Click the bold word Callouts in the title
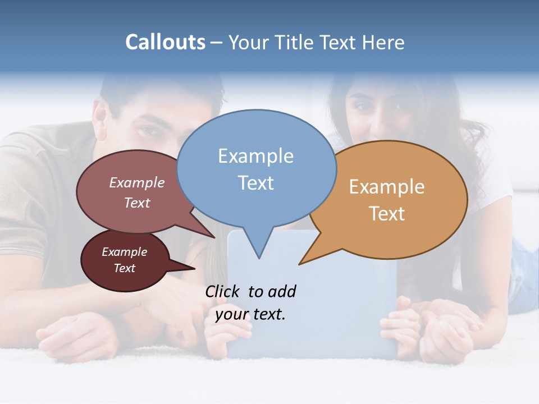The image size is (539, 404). (x=165, y=42)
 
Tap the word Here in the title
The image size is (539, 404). (x=383, y=42)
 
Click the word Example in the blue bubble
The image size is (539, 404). (x=255, y=156)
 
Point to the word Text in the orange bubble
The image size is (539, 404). (x=387, y=214)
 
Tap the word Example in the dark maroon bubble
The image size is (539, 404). (x=124, y=252)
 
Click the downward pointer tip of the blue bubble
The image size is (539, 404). (x=259, y=258)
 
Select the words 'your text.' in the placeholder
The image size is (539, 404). (x=250, y=314)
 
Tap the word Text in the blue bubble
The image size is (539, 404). (x=256, y=183)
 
